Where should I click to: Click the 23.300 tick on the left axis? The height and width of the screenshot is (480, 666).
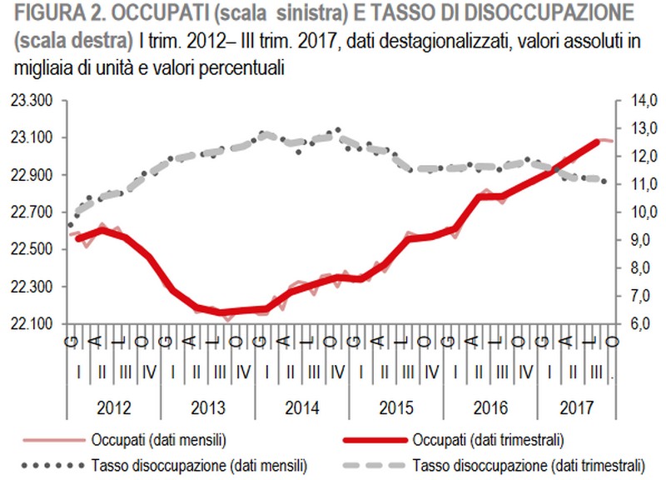(31, 101)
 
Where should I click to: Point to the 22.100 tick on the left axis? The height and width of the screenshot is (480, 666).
(31, 324)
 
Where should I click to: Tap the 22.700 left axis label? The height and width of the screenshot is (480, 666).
(31, 212)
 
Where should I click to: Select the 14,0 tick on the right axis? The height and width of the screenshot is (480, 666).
(638, 101)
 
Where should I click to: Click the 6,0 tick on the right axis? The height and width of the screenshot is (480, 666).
(638, 324)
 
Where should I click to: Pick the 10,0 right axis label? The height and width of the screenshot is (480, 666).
(638, 212)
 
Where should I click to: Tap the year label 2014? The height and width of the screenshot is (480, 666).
(302, 409)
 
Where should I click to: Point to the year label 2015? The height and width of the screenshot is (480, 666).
(397, 409)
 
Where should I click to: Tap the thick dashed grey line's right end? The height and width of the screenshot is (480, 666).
(604, 181)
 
